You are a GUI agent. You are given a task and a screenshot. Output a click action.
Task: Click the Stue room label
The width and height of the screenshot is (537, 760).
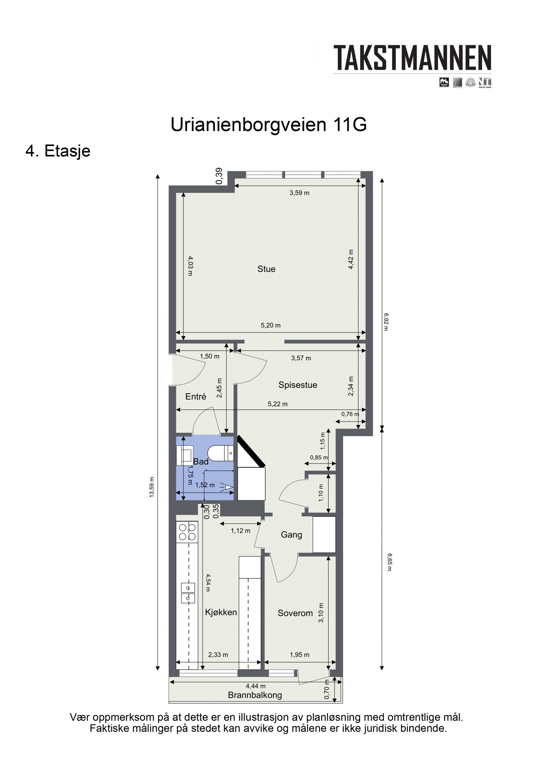(x=266, y=269)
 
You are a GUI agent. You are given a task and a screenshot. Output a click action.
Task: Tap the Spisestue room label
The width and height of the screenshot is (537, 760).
(x=297, y=385)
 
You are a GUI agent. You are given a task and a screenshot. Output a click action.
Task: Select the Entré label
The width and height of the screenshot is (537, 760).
(x=196, y=397)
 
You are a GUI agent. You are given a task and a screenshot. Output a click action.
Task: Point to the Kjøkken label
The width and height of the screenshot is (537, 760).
(x=221, y=612)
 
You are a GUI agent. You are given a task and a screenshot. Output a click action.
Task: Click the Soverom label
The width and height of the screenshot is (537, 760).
(x=295, y=613)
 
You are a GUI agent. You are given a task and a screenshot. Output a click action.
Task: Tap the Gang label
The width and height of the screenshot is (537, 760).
(x=291, y=535)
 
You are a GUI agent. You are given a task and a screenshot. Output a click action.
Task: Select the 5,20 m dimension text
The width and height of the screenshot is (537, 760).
(x=271, y=325)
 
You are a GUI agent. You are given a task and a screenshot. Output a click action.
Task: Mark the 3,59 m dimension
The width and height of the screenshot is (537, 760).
(x=299, y=193)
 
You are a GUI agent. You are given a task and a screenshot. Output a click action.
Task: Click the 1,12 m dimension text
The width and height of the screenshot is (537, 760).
(x=240, y=531)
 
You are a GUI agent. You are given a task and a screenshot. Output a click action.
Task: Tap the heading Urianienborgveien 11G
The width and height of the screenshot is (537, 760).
(x=268, y=125)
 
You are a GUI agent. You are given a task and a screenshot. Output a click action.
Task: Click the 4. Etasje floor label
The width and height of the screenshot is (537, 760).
(x=58, y=151)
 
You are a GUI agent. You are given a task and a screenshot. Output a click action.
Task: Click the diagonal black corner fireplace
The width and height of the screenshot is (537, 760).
(x=251, y=451)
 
